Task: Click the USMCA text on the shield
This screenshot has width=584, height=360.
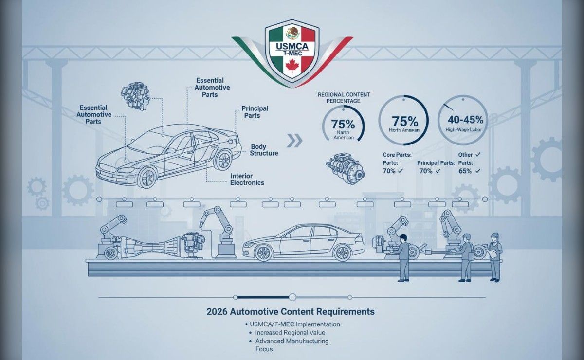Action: (292, 46)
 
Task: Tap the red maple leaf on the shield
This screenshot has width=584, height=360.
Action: (292, 66)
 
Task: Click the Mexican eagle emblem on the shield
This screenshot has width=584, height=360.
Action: (292, 33)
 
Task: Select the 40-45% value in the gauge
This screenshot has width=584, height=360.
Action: (465, 120)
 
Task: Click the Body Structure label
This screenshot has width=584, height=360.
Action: (264, 150)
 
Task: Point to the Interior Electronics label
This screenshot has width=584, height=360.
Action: (247, 180)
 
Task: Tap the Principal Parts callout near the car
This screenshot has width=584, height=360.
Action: (254, 112)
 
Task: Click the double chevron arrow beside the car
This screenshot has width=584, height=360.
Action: (294, 141)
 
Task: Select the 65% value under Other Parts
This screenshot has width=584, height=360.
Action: (465, 171)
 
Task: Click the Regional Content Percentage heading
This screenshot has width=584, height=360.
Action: (344, 98)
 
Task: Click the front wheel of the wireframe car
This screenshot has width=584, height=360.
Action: (148, 177)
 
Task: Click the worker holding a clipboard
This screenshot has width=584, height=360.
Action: (495, 256)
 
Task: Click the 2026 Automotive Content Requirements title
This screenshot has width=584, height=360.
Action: (291, 311)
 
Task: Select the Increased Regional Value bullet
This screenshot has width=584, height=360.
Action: (290, 333)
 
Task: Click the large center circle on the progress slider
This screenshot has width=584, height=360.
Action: (292, 297)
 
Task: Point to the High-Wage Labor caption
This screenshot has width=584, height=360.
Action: (463, 130)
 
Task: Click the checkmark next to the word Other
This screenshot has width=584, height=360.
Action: (477, 155)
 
